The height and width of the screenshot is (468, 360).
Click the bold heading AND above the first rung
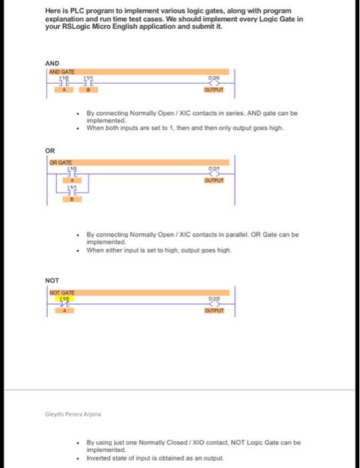coord(53,63)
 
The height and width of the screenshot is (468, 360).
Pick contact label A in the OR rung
coord(70,180)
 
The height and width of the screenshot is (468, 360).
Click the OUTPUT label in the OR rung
coord(214,180)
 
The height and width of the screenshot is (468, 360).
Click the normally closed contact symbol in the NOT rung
coord(66,303)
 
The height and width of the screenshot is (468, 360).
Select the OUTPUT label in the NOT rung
coord(214,310)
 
